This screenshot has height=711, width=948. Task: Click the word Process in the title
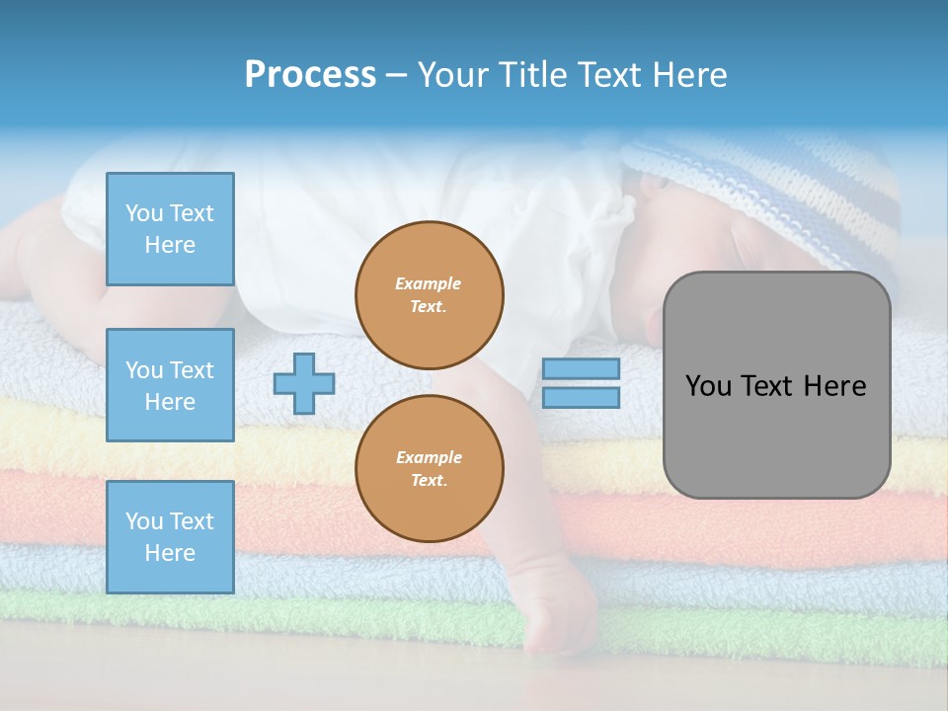(310, 75)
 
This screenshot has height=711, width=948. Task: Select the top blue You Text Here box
(170, 229)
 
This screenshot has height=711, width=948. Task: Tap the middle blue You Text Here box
(170, 385)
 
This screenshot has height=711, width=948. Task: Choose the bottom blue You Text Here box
(170, 537)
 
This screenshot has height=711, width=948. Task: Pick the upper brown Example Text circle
(430, 295)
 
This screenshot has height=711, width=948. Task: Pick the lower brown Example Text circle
(430, 469)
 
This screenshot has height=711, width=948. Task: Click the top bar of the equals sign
(581, 369)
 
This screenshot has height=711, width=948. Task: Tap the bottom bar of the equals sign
(581, 398)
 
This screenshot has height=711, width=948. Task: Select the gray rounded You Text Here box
(776, 385)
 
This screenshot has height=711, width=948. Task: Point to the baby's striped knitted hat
(780, 188)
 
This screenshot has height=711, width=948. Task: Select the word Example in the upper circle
(429, 284)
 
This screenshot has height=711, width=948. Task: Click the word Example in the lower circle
(429, 458)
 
